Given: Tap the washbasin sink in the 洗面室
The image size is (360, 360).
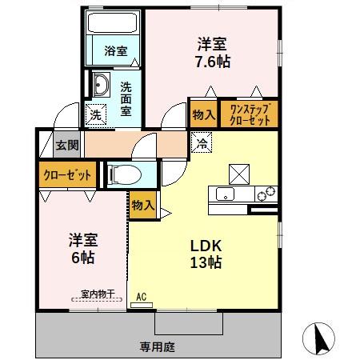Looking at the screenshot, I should (x=101, y=84).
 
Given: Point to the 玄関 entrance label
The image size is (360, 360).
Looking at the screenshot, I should (x=66, y=145).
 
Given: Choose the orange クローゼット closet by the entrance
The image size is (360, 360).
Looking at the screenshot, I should (x=66, y=174).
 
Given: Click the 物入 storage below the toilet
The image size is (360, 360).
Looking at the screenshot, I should (x=142, y=205).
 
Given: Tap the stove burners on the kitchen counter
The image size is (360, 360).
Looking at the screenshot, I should (x=265, y=193).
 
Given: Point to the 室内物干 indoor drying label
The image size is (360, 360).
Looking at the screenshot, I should (x=96, y=294).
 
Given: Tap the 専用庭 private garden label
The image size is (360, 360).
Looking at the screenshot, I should (x=157, y=346).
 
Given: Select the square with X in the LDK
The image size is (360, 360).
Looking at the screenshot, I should (x=240, y=172).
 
